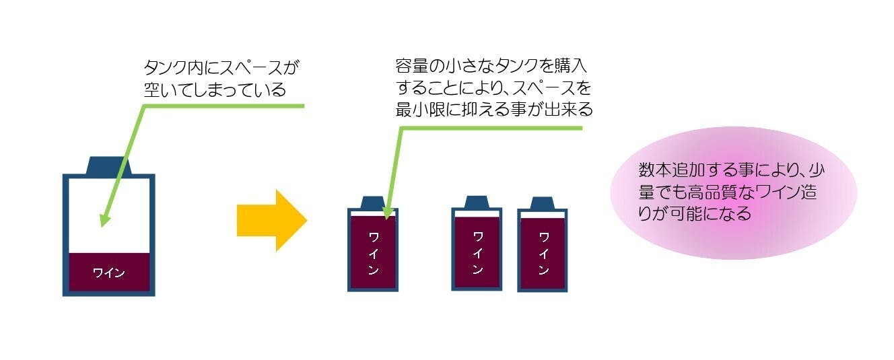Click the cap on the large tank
(108, 166)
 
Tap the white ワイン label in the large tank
(108, 273)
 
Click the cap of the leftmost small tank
(372, 202)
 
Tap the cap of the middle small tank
(476, 201)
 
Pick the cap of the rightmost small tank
(541, 203)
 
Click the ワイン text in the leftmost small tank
(373, 253)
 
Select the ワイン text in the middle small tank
(477, 252)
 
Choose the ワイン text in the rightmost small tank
(542, 253)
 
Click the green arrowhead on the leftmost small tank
(387, 213)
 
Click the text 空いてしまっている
(215, 89)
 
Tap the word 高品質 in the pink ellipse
(726, 192)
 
